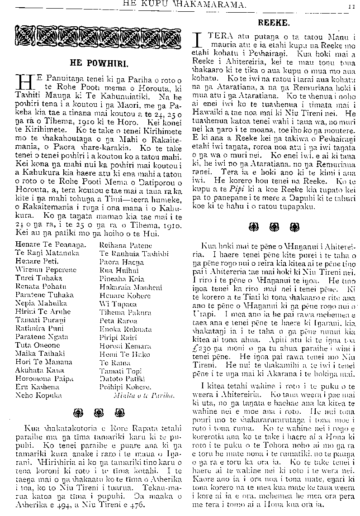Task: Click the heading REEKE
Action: click(x=271, y=22)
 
